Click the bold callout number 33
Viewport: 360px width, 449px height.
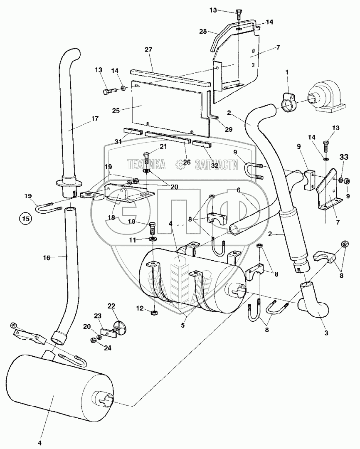tap(343, 158)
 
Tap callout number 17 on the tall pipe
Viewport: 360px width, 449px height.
tap(95, 118)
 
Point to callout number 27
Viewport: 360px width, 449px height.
tap(149, 49)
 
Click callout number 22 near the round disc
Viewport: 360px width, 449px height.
tap(111, 306)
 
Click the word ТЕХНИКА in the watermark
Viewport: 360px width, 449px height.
tap(147, 164)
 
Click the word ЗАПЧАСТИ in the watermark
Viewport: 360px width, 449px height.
tap(218, 164)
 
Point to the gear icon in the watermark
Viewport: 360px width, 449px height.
tap(180, 165)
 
